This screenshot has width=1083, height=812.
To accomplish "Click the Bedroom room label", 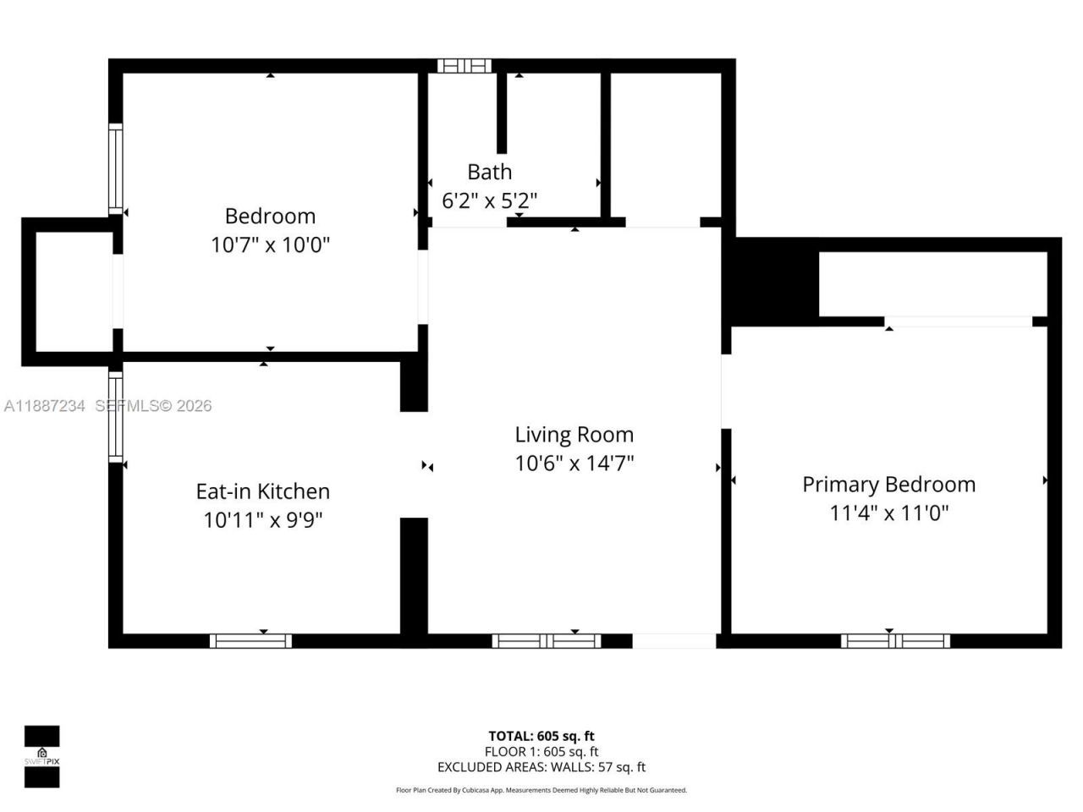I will [270, 216].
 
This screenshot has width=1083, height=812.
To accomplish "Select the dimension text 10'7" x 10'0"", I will [270, 245].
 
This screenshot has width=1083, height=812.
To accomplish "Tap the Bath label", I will [489, 172].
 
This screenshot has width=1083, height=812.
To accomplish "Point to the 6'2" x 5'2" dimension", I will [489, 200].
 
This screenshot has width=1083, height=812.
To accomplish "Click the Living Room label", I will [574, 435].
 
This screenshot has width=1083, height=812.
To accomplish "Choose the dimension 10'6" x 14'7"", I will [574, 464].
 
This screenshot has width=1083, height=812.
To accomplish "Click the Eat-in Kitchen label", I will [262, 491].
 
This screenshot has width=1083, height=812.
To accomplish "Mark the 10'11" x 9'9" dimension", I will [262, 520].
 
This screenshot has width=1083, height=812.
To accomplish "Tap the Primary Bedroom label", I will [888, 485].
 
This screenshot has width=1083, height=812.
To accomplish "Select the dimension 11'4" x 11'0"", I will [888, 513].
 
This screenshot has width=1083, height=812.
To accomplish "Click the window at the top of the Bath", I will [464, 66].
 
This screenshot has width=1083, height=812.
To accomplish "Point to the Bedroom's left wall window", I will [116, 169].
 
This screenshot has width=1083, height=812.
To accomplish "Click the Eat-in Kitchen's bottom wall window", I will [250, 641].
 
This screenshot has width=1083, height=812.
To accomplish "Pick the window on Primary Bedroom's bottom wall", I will [895, 641].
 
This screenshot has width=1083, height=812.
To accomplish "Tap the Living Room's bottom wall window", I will [547, 641].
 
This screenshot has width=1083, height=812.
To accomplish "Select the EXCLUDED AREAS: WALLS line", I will [541, 767].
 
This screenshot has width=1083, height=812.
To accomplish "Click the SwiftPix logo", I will [41, 756].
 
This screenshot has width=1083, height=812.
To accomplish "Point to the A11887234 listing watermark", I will [44, 406].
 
